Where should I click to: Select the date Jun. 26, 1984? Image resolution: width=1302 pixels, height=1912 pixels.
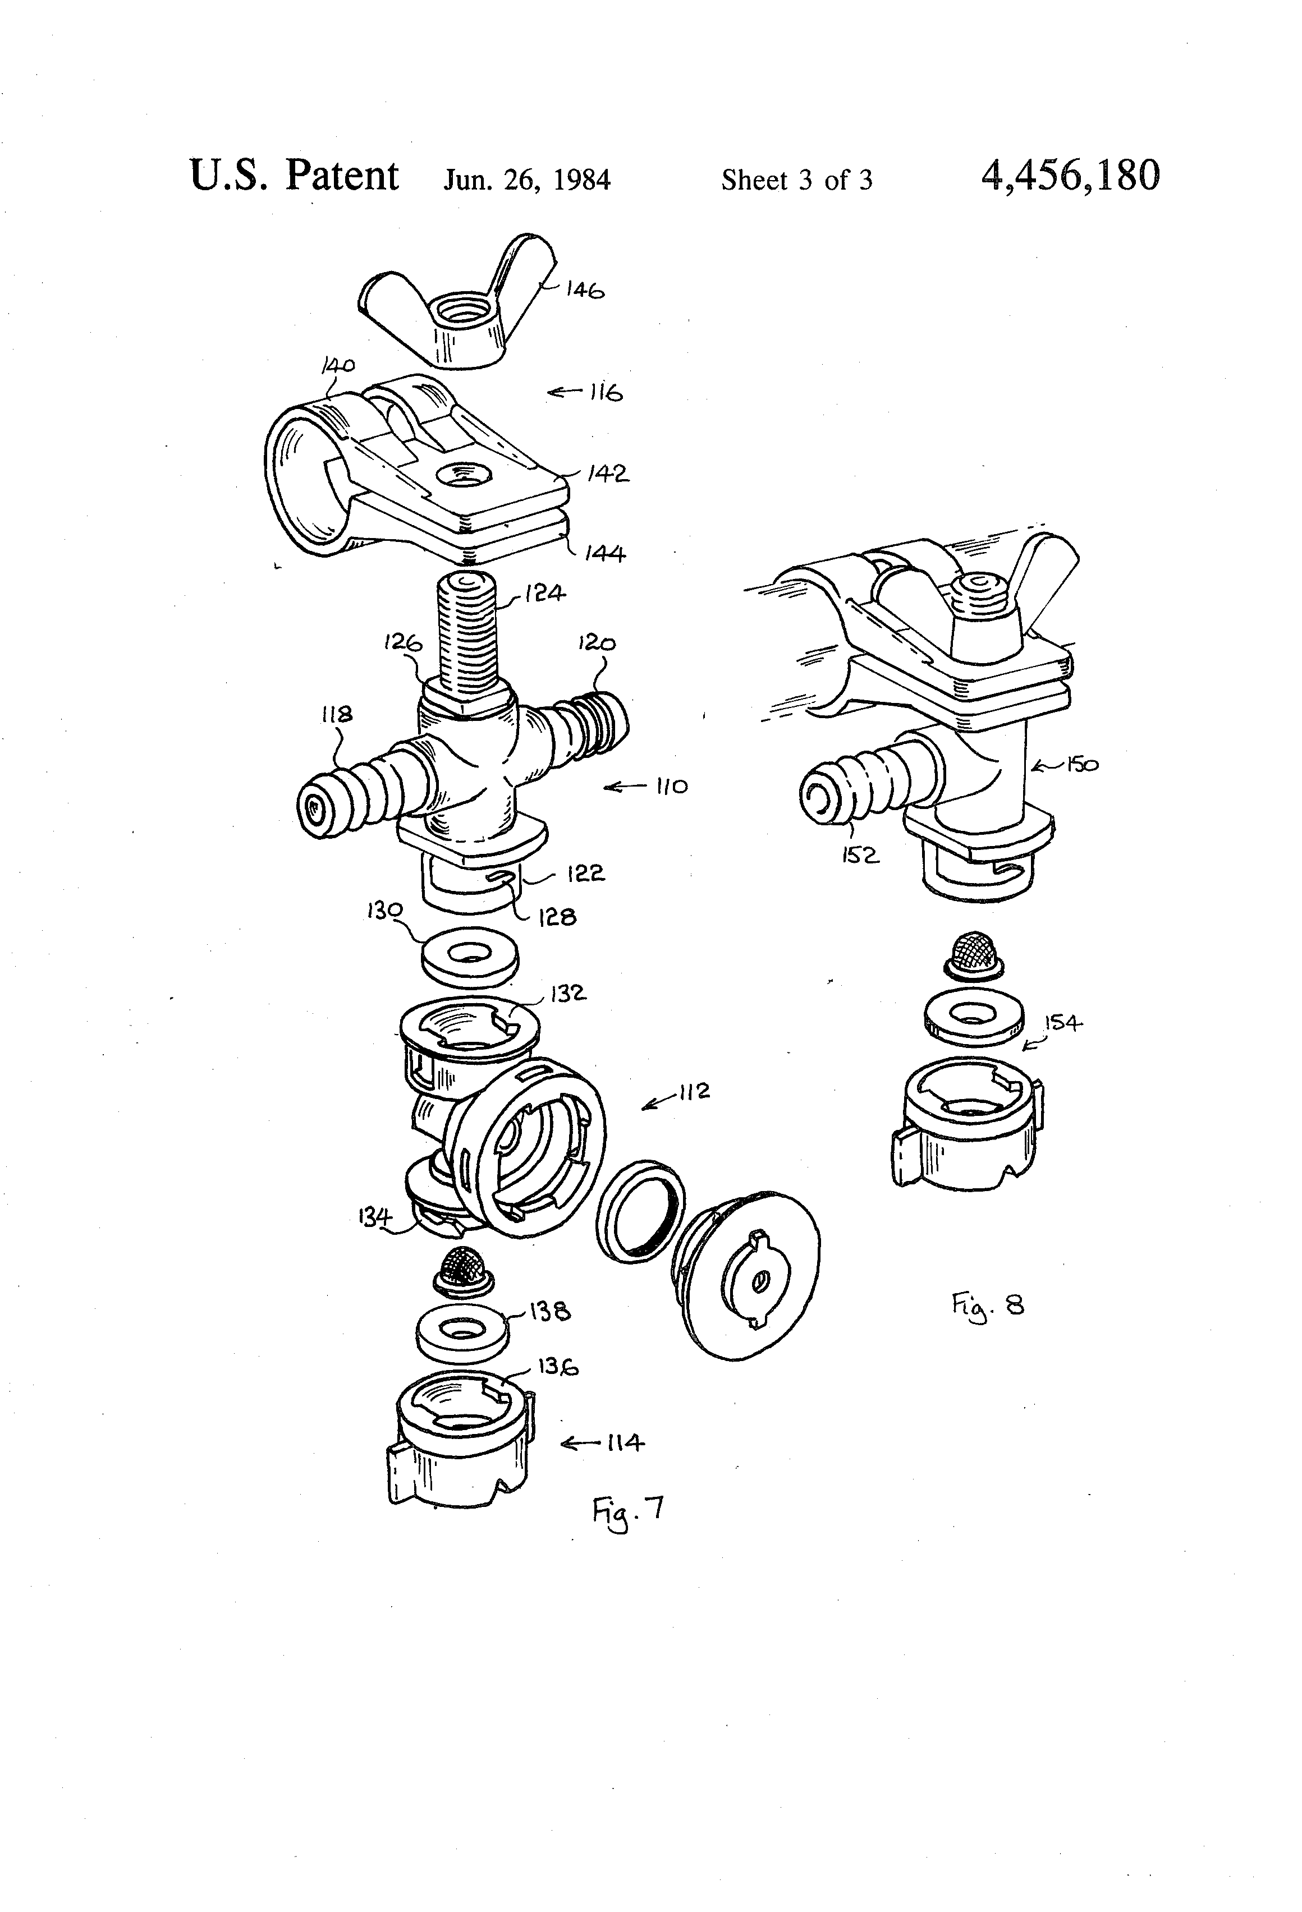pyautogui.click(x=528, y=180)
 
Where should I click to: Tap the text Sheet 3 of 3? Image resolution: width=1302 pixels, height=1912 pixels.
pyautogui.click(x=797, y=180)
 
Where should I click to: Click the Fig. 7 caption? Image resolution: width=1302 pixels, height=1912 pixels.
pyautogui.click(x=627, y=1510)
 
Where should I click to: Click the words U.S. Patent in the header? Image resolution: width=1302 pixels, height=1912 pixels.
pyautogui.click(x=294, y=175)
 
